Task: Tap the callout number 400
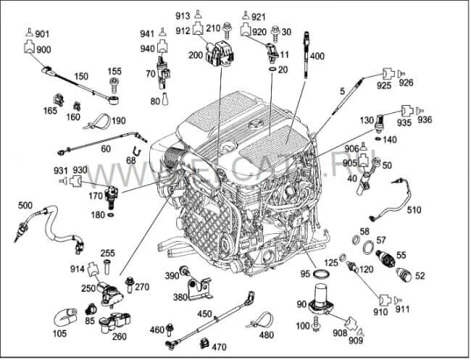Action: coord(317,56)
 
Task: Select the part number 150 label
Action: coord(81,76)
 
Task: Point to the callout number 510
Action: coord(414,210)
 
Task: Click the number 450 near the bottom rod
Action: coord(204,314)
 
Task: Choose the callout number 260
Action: coord(120,335)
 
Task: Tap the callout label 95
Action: coord(305,274)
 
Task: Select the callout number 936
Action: coord(425,120)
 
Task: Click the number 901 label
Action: coord(43,34)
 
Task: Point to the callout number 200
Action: coord(196,55)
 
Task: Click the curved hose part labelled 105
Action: coord(64,317)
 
